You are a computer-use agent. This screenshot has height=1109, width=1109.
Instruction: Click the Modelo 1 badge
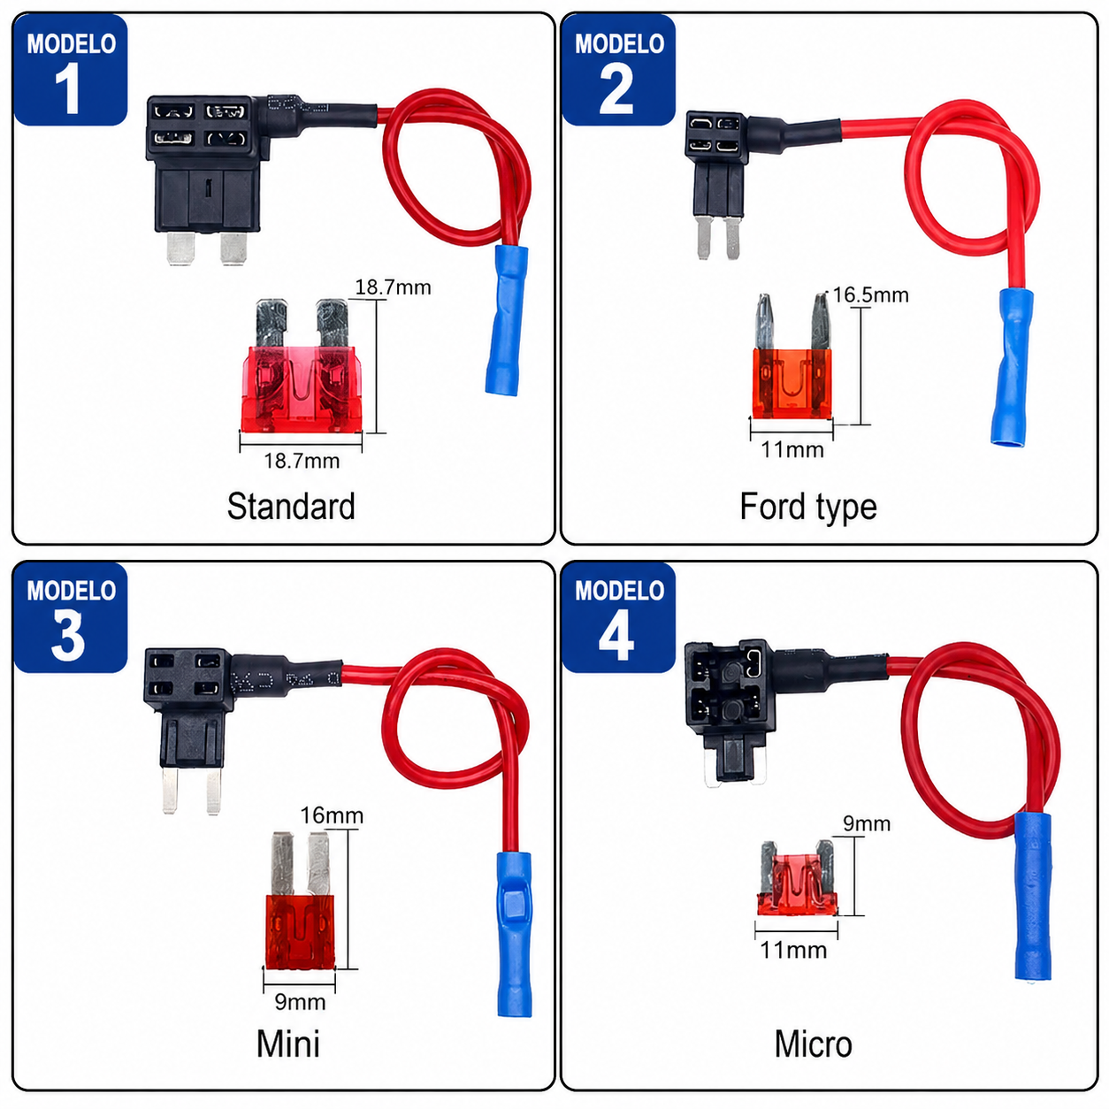point(70,70)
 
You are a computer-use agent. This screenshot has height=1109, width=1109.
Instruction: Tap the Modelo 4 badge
point(618,617)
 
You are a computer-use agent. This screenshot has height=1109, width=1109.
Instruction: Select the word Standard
point(291,507)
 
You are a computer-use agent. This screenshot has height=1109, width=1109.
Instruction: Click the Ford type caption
point(808,508)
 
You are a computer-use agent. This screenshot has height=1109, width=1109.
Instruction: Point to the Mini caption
point(287,1044)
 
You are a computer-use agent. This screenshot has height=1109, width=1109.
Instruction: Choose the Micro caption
point(814,1044)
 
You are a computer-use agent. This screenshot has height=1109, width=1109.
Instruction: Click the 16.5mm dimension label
point(871,295)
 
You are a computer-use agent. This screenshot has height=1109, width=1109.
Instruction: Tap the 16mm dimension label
point(332,815)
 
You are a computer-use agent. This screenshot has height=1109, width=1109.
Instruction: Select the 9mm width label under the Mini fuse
point(300,1002)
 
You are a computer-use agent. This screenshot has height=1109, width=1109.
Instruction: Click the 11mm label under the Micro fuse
point(793,950)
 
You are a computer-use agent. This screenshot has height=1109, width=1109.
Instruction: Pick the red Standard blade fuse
point(301,367)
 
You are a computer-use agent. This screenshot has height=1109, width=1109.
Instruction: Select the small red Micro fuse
point(796,879)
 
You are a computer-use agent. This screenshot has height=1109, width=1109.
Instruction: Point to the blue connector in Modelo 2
point(1011,367)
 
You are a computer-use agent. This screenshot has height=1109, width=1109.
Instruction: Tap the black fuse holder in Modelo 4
point(728,711)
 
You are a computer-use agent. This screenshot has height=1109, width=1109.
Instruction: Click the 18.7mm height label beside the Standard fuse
point(393,287)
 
